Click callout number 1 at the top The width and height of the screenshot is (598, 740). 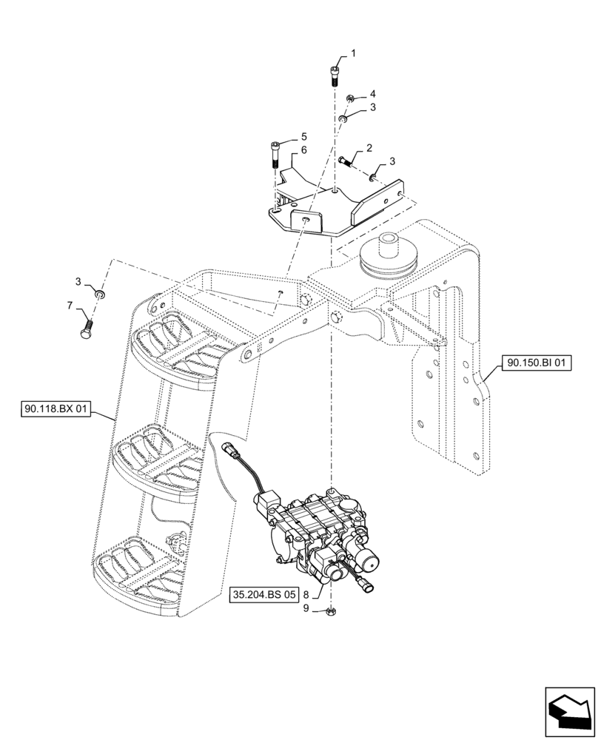[x=353, y=53]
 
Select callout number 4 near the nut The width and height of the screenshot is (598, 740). [x=372, y=93]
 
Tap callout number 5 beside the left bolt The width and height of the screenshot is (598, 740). [x=302, y=137]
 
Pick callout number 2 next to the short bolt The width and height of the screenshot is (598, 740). [x=369, y=149]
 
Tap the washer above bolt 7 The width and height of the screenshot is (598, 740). [x=100, y=295]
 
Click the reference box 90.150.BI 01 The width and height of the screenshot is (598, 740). [x=537, y=363]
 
